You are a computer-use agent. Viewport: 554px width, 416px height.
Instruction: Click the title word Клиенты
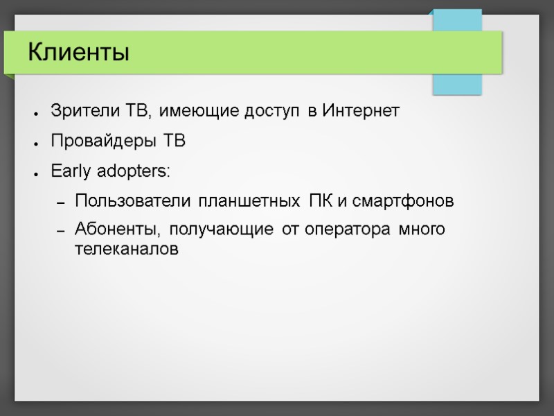79,52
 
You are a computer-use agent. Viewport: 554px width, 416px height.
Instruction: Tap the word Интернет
361,111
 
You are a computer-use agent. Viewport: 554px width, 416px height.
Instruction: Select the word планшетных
247,202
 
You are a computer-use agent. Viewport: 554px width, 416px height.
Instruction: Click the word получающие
222,229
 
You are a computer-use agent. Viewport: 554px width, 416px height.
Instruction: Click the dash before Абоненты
60,230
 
